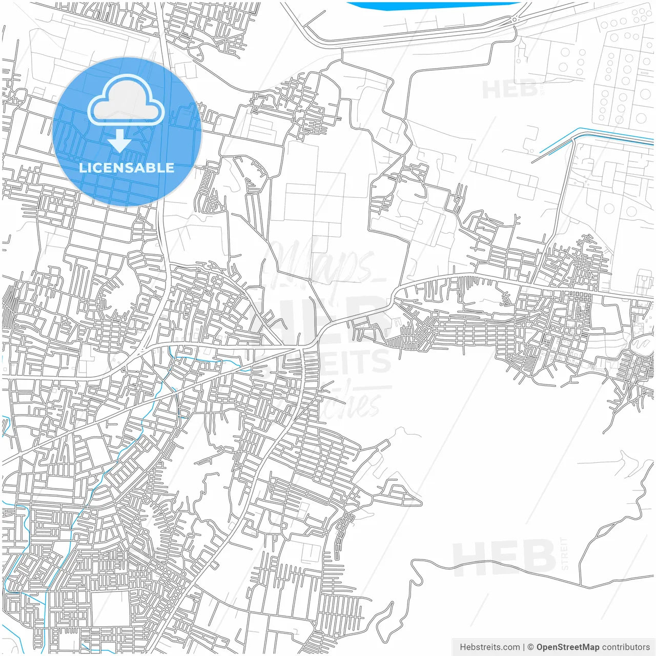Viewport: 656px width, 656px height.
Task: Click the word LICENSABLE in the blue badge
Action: tap(127, 168)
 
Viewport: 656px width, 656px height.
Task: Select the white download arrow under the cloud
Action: tap(120, 140)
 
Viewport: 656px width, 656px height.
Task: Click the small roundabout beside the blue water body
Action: tap(514, 20)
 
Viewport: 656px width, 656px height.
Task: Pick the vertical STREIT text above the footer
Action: tap(565, 553)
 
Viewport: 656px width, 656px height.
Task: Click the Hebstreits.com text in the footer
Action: tap(489, 647)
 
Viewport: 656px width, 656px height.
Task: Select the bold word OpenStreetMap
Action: tap(567, 647)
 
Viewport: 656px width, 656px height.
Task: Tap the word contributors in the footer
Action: tap(625, 647)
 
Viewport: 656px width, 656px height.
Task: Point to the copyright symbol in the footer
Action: tap(530, 647)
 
